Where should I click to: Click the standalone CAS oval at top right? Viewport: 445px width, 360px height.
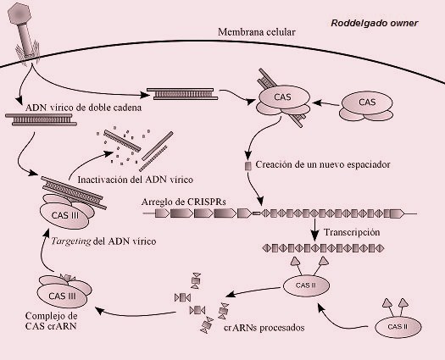coord(366,102)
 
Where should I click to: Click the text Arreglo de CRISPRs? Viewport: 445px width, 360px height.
coord(185,202)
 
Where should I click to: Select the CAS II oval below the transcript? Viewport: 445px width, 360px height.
coord(308,285)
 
